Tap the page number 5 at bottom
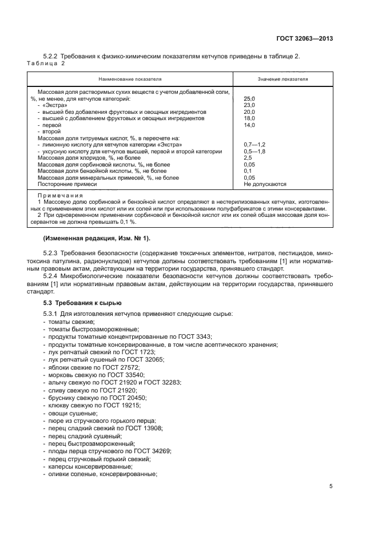click(331, 486)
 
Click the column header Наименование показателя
click(130, 79)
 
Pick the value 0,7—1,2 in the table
click(254, 145)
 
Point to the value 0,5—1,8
click(254, 151)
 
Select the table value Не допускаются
click(265, 184)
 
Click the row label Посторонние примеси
click(65, 184)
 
